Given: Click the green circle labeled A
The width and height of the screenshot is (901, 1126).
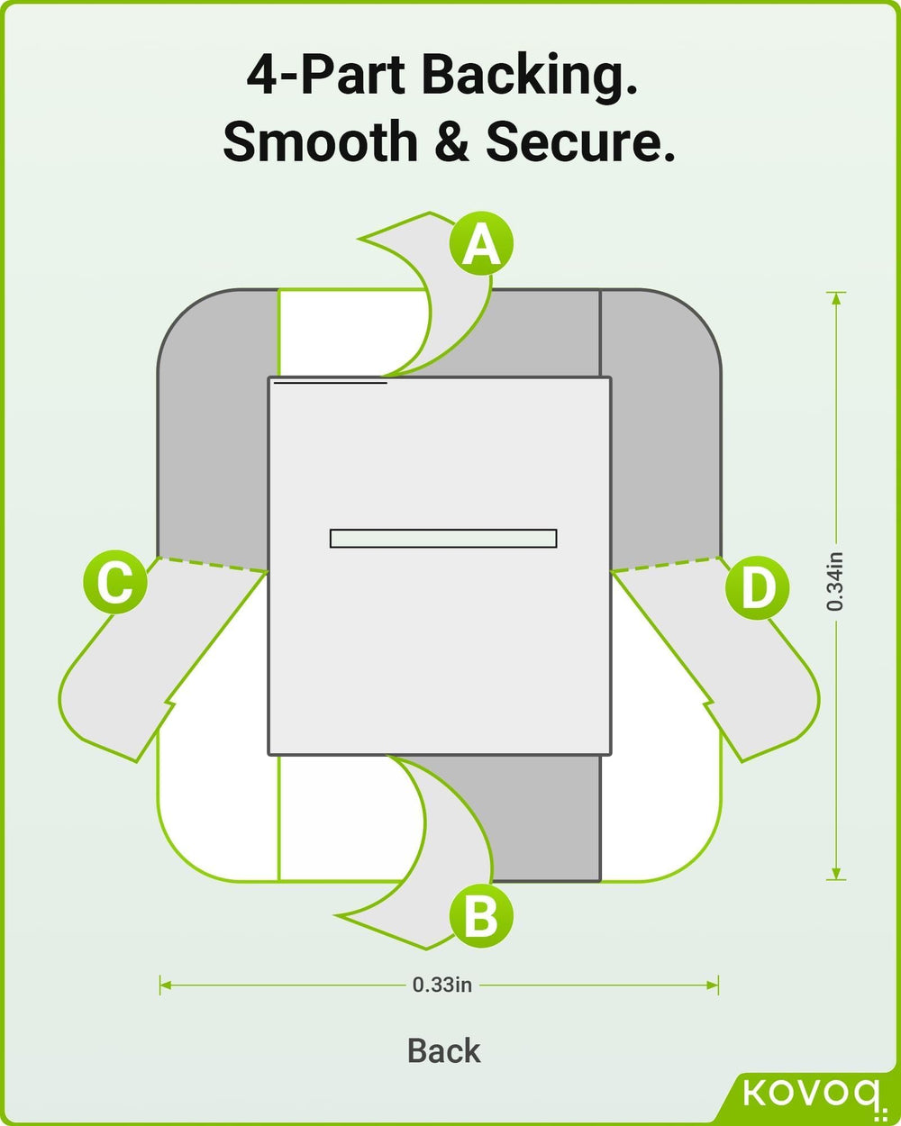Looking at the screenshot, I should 481,244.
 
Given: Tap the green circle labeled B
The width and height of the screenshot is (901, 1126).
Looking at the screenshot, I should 481,917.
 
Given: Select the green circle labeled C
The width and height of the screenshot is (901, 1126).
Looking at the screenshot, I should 114,583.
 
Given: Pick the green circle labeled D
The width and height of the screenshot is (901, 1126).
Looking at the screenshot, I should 757,588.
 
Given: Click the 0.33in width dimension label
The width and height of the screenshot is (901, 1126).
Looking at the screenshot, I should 441,985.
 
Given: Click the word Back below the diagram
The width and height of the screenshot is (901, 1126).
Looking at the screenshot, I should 444,1050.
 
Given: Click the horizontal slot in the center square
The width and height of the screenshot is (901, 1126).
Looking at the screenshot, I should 442,538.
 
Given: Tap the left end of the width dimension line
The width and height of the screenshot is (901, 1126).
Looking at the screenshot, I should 161,985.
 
